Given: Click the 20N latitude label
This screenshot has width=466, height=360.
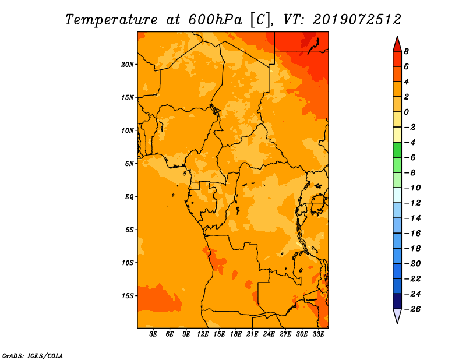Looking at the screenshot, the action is click(x=128, y=65).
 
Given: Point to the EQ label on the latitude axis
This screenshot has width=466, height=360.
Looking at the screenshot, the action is click(x=129, y=197).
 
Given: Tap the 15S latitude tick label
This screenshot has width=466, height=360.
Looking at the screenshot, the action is click(x=128, y=296).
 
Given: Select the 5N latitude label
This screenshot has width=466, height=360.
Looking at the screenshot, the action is click(x=129, y=164).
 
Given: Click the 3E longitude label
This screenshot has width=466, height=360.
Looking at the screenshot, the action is click(x=153, y=334).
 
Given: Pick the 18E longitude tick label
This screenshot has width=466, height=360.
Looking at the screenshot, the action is click(x=236, y=334).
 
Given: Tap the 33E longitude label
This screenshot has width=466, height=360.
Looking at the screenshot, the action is click(x=318, y=334).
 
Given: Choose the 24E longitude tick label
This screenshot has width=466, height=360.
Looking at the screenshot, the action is click(x=269, y=334).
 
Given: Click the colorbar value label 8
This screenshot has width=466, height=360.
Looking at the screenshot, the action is click(x=406, y=51).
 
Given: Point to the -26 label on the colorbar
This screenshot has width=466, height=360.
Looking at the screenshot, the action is click(x=412, y=309).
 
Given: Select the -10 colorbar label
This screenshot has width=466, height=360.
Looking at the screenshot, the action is click(x=412, y=188).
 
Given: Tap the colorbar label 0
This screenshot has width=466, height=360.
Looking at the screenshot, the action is click(x=406, y=112).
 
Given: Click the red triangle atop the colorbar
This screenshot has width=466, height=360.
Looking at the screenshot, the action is click(x=397, y=45).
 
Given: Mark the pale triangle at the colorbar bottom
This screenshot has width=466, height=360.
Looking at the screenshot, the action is click(x=397, y=315).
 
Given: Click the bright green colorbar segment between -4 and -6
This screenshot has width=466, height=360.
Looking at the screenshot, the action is click(x=397, y=150).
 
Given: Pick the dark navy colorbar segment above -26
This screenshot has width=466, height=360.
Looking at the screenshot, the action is click(x=397, y=301).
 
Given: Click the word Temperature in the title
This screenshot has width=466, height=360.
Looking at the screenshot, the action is click(x=111, y=20).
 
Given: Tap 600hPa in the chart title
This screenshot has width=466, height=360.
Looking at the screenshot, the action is click(x=216, y=20).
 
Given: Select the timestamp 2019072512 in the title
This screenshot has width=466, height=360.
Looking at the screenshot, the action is click(x=357, y=20).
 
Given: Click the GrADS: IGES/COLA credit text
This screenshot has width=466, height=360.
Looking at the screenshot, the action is click(x=33, y=355).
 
